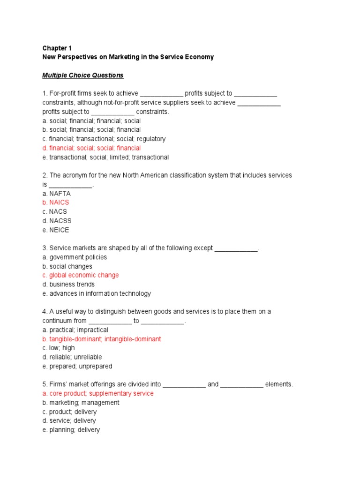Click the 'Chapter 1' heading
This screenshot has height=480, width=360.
click(x=57, y=48)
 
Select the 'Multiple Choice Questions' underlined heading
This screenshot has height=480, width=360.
click(x=83, y=75)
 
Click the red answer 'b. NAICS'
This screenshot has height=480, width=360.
click(x=55, y=202)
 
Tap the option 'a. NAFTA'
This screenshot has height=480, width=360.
click(x=56, y=193)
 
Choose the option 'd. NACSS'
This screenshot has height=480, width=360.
click(x=57, y=221)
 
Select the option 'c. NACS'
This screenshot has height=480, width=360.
click(x=54, y=211)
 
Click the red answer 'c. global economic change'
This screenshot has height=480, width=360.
click(x=81, y=275)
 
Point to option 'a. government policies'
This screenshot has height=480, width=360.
click(x=75, y=257)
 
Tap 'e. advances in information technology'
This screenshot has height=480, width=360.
click(x=97, y=293)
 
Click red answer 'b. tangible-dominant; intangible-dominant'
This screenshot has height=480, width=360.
click(x=102, y=339)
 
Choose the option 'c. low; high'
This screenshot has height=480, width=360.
click(x=59, y=348)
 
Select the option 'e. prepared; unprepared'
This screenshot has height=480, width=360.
click(x=77, y=366)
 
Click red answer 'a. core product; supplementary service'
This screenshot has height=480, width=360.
click(x=98, y=393)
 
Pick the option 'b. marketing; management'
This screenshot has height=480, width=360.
click(x=81, y=403)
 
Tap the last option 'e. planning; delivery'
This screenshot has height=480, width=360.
click(x=71, y=430)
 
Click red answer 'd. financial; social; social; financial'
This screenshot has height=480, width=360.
click(x=91, y=148)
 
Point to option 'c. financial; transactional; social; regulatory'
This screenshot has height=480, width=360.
click(x=104, y=139)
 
